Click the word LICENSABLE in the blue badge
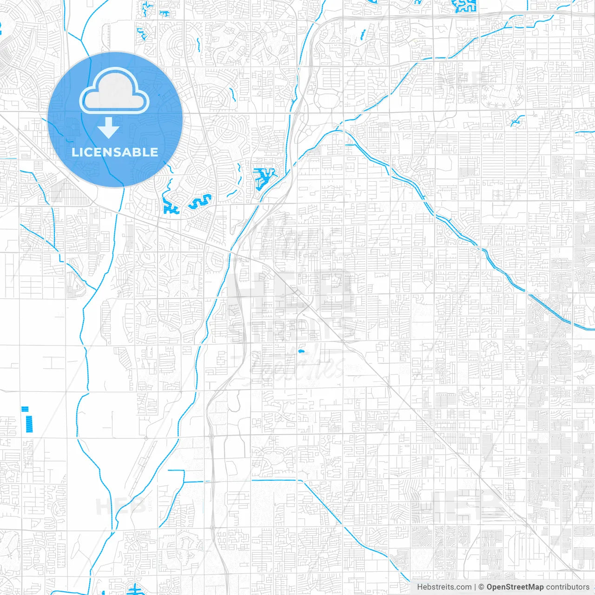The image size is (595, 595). [115, 152]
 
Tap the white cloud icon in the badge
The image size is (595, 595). [114, 92]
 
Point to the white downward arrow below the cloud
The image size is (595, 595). [109, 127]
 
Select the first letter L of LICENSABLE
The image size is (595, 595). [75, 152]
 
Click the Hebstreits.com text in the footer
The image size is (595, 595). [444, 587]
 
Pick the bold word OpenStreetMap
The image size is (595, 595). [515, 587]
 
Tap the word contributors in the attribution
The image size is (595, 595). [568, 587]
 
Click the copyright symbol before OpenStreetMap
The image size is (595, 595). [481, 587]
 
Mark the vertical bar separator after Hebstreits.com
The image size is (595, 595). [475, 587]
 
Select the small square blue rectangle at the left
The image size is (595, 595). [25, 409]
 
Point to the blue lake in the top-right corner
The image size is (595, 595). [464, 6]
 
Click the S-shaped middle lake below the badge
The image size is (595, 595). [200, 202]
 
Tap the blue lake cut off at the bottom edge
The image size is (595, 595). [135, 589]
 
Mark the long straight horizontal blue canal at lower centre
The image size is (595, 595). [274, 480]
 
